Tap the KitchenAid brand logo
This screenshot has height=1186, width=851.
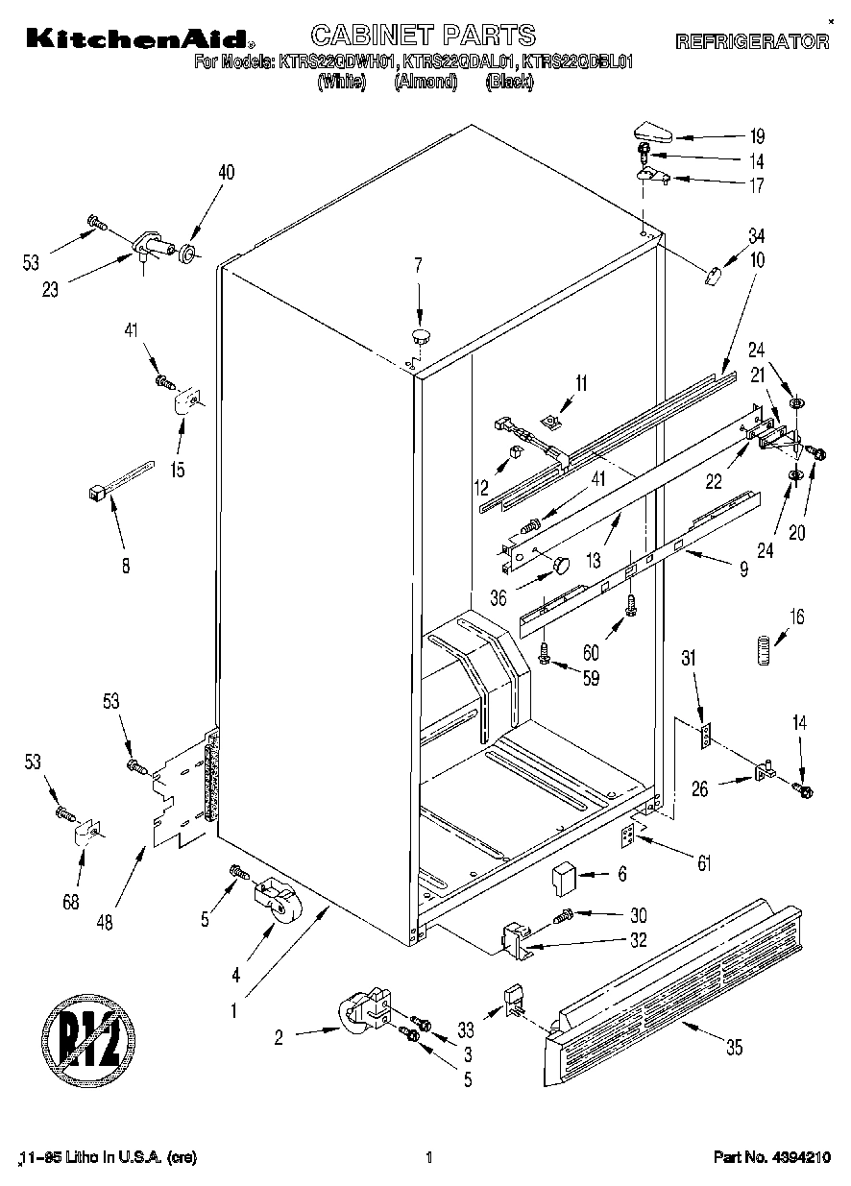[x=138, y=39]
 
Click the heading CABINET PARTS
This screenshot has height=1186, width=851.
[x=424, y=36]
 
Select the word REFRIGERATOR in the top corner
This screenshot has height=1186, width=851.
[x=752, y=42]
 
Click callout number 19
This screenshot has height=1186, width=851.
[x=758, y=135]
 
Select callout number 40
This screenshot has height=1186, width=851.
[x=226, y=173]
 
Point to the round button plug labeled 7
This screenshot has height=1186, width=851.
[x=421, y=335]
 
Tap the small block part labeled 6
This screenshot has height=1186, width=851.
[x=564, y=876]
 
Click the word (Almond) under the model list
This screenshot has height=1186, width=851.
[x=424, y=83]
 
